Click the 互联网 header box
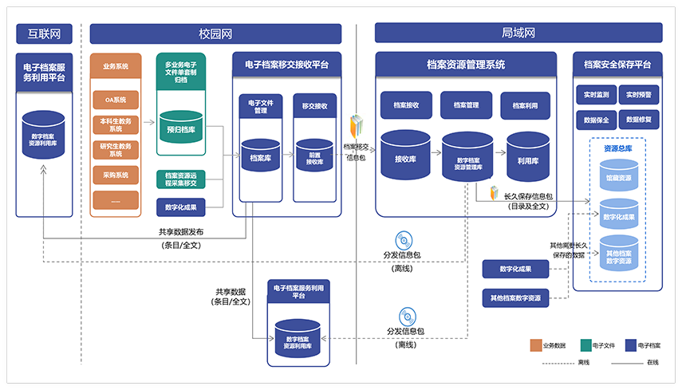coord(44,33)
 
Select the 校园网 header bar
coord(215,33)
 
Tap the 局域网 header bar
coord(518,33)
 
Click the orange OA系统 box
coord(116,100)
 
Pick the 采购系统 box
coord(116,175)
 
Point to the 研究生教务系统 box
coord(116,150)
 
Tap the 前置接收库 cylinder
coord(314,158)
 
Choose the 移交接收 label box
coord(314,106)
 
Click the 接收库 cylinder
coord(406,155)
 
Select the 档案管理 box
coord(466,104)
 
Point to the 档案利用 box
coord(526,104)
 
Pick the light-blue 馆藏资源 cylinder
coord(619,176)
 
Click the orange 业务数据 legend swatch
coord(536,345)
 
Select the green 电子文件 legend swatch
coord(585,345)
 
